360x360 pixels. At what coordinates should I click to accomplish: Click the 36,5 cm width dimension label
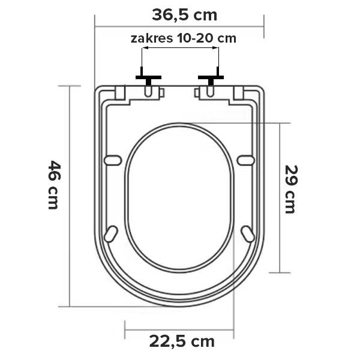pyautogui.click(x=184, y=16)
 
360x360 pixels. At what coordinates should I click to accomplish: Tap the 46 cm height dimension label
pyautogui.click(x=54, y=185)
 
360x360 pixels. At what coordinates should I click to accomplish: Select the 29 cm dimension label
pyautogui.click(x=291, y=190)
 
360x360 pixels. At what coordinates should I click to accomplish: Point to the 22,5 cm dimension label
pyautogui.click(x=182, y=341)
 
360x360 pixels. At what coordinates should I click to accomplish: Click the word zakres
pyautogui.click(x=152, y=38)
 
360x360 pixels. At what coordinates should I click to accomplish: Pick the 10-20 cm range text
pyautogui.click(x=206, y=38)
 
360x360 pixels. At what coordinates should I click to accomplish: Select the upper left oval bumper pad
pyautogui.click(x=113, y=160)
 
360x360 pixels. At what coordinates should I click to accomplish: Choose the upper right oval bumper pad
pyautogui.click(x=245, y=160)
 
